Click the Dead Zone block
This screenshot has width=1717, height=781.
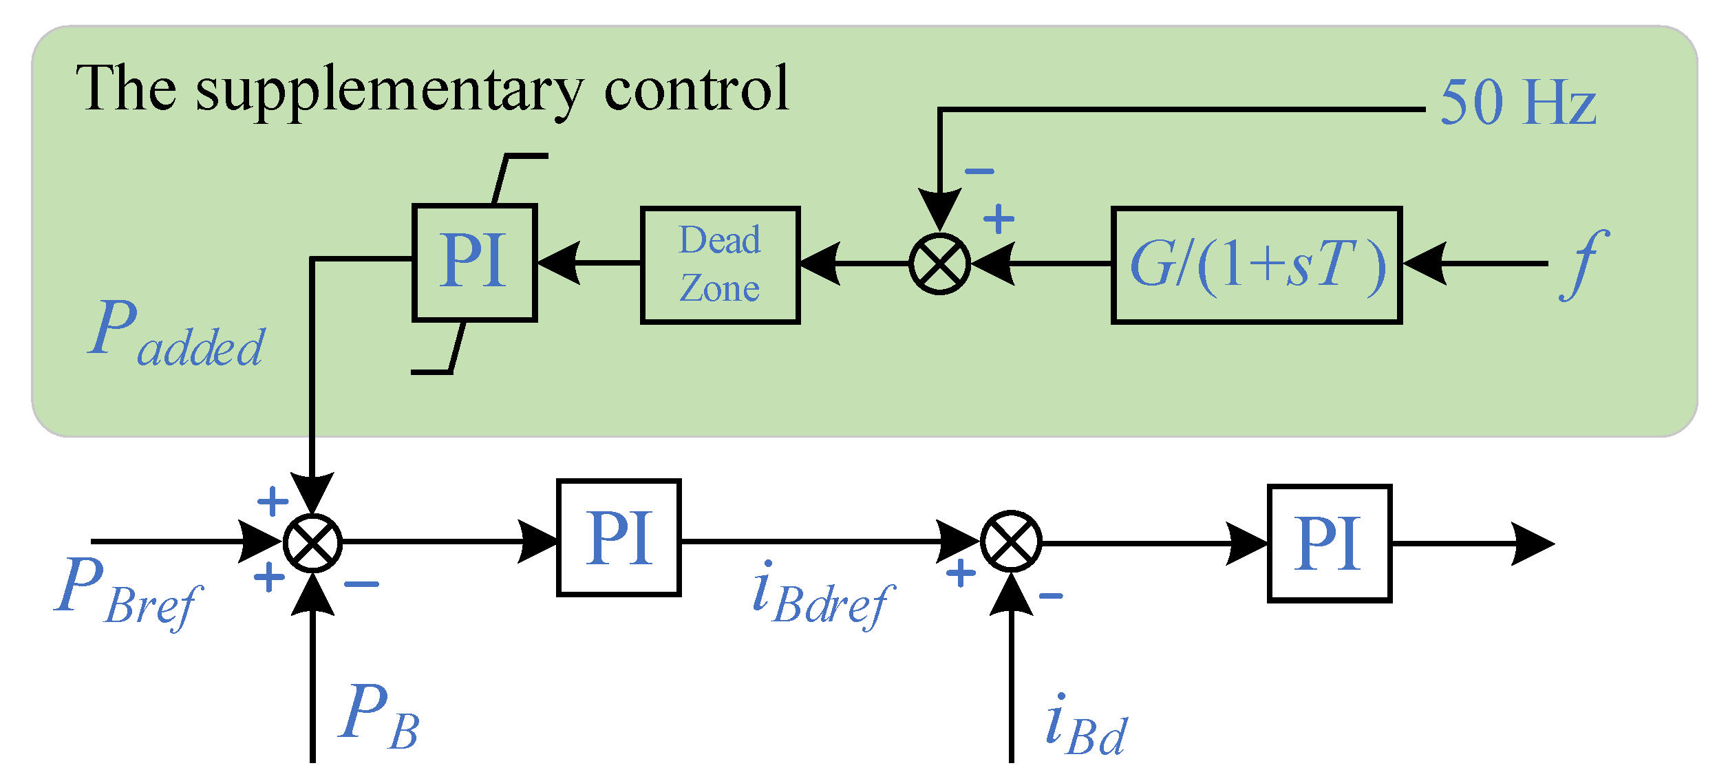click(x=720, y=264)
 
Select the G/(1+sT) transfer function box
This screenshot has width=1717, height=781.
click(x=1257, y=264)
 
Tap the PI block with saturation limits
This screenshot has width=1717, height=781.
click(x=474, y=261)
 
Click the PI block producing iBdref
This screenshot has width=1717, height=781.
click(x=618, y=537)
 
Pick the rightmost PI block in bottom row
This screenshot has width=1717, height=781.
click(x=1329, y=543)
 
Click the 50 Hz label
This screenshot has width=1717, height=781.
click(x=1517, y=103)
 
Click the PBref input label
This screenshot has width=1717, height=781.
click(x=127, y=592)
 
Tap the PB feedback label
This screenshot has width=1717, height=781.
click(x=378, y=716)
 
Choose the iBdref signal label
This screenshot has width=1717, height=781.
click(x=822, y=596)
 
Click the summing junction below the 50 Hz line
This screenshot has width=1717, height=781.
click(x=939, y=264)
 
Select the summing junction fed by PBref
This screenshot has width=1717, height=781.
click(x=312, y=543)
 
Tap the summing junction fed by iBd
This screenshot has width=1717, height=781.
click(x=1010, y=541)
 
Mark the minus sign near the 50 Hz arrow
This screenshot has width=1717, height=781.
click(x=979, y=171)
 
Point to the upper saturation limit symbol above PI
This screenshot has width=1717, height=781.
click(x=520, y=172)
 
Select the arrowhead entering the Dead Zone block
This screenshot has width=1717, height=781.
click(x=819, y=264)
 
